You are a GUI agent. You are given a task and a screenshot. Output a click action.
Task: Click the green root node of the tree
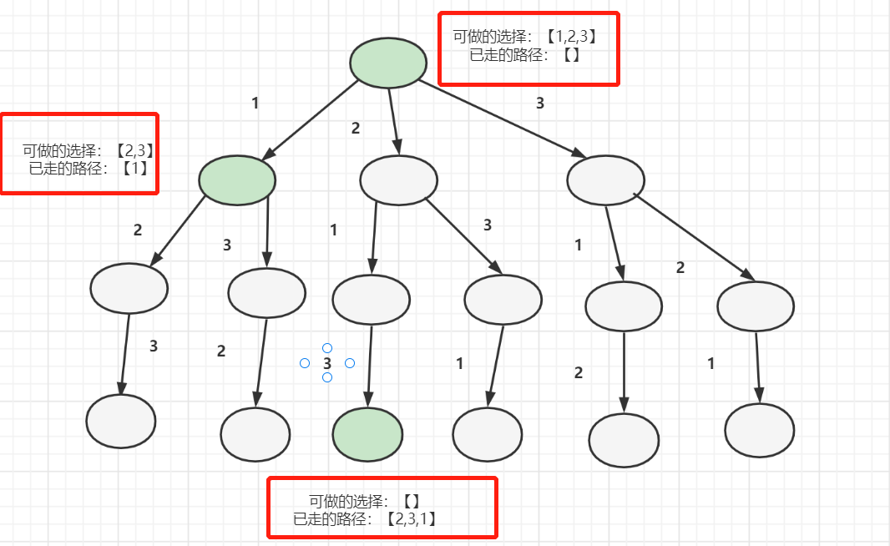pyautogui.click(x=388, y=63)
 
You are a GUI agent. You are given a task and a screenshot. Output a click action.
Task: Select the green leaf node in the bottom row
pyautogui.click(x=367, y=434)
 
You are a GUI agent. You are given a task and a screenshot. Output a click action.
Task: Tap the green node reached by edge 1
pyautogui.click(x=237, y=180)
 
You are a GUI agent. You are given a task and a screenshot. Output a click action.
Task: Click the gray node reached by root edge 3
pyautogui.click(x=605, y=179)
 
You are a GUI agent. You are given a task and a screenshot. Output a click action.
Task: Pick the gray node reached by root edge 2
pyautogui.click(x=398, y=179)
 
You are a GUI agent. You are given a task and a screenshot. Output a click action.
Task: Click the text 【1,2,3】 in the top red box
pyautogui.click(x=571, y=37)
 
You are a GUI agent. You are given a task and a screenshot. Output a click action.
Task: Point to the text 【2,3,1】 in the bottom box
pyautogui.click(x=412, y=519)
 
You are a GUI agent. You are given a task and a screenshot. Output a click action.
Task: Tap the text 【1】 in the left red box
pyautogui.click(x=134, y=169)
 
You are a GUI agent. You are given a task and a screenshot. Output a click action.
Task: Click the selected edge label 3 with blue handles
pyautogui.click(x=327, y=363)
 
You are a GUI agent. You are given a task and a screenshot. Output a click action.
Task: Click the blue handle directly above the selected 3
pyautogui.click(x=327, y=348)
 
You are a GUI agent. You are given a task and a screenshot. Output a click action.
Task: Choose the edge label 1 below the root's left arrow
pyautogui.click(x=255, y=104)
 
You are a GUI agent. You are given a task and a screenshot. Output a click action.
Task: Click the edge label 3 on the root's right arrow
pyautogui.click(x=539, y=104)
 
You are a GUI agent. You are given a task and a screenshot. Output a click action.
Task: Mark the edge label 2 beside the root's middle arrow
pyautogui.click(x=355, y=129)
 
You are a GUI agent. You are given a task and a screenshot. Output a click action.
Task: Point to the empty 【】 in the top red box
pyautogui.click(x=571, y=56)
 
